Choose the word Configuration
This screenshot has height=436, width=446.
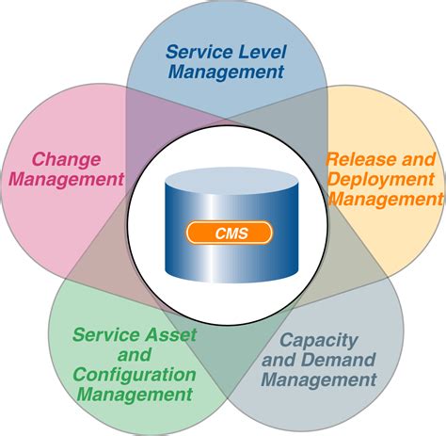tap(135, 375)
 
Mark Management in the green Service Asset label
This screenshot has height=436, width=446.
tap(135, 396)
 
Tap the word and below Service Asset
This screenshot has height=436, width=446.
tap(135, 354)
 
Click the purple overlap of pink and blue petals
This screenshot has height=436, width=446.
tap(141, 113)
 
